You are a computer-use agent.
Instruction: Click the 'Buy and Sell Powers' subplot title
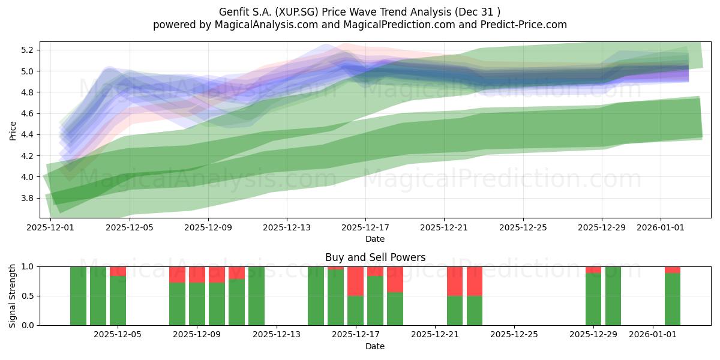pos(375,257)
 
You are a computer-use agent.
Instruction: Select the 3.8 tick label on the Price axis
pos(27,198)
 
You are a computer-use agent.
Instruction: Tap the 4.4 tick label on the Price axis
pos(27,134)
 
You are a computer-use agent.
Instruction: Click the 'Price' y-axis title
pos(13,131)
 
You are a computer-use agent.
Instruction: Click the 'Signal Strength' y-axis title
pos(12,296)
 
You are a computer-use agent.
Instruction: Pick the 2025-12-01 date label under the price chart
pos(50,227)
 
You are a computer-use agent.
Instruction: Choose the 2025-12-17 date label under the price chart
pos(365,227)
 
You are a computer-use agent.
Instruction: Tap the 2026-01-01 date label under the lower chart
pos(653,334)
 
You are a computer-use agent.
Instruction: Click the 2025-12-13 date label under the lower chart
pos(277,334)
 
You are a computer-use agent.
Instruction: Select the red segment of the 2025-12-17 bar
pos(355,281)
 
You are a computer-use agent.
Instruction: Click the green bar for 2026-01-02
pos(673,299)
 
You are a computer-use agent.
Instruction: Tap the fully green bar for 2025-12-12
pos(257,296)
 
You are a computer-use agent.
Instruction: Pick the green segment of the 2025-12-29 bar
pos(593,299)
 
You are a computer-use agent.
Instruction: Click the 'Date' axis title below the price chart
pos(375,239)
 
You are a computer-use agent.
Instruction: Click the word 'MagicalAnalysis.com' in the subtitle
pos(266,25)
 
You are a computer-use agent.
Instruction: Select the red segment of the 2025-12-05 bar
pos(118,271)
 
